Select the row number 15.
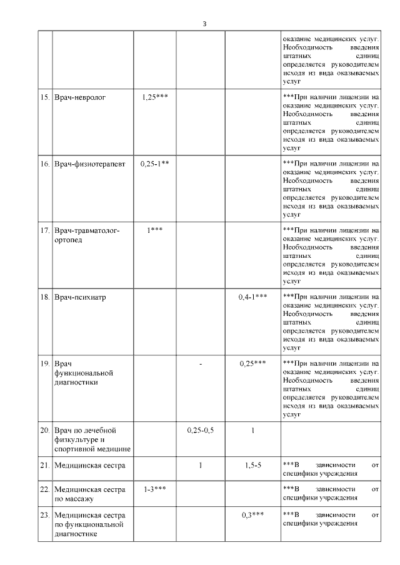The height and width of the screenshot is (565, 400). click(44, 97)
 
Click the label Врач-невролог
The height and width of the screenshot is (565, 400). click(79, 97)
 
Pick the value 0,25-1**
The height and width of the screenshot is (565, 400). click(155, 164)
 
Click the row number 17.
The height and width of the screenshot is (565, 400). click(44, 230)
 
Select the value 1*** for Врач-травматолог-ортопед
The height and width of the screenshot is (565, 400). click(155, 230)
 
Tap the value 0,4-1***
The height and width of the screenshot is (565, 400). click(253, 297)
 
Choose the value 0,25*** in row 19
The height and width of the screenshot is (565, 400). click(253, 363)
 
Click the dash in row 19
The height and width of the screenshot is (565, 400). click(201, 363)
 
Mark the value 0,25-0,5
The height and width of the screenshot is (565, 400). click(201, 430)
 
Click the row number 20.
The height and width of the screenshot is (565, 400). click(44, 430)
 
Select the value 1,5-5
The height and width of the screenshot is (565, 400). click(253, 465)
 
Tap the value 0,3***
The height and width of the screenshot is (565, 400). click(253, 515)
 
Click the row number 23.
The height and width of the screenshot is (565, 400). click(44, 515)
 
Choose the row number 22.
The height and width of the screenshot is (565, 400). click(44, 489)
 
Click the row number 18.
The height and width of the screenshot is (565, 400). click(44, 297)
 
